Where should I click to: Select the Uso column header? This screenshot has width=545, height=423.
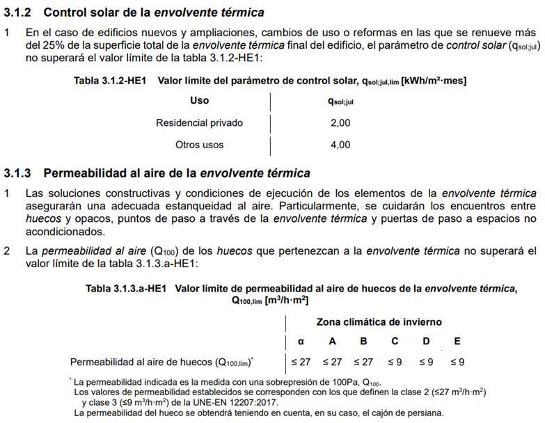[199, 100]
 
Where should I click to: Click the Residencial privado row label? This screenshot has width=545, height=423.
[199, 123]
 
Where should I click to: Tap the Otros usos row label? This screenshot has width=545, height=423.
[199, 145]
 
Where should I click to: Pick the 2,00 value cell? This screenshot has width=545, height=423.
[340, 123]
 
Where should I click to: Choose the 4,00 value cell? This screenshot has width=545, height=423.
[340, 145]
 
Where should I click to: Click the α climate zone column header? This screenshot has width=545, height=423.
[301, 342]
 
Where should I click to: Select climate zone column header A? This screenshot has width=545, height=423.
[332, 342]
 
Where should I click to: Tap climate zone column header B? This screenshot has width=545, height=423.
[363, 342]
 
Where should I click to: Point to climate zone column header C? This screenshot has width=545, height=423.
[395, 342]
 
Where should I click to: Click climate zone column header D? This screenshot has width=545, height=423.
[426, 342]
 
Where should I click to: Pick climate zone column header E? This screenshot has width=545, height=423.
[457, 342]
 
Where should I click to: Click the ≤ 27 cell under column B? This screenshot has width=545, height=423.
[363, 362]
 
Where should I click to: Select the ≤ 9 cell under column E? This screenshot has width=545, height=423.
[457, 362]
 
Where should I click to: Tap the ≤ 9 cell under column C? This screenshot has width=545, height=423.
[395, 362]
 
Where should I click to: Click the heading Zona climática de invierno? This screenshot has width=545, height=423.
[379, 322]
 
